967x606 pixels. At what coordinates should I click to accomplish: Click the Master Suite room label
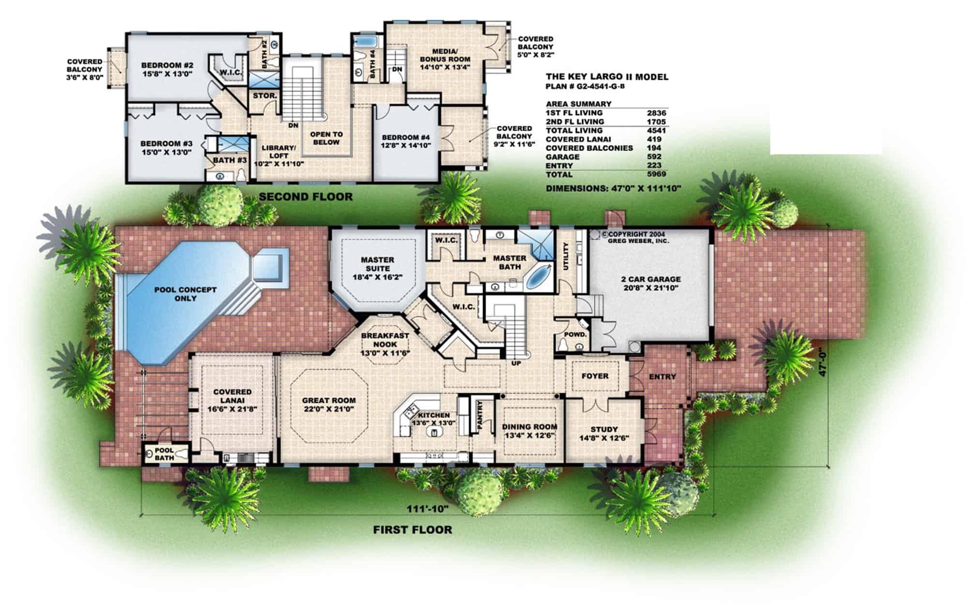(378, 264)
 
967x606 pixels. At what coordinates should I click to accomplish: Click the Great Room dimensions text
(329, 409)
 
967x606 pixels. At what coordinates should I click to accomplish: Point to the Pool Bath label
(164, 454)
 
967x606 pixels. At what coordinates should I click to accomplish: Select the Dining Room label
(529, 427)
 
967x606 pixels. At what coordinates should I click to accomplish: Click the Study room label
(604, 429)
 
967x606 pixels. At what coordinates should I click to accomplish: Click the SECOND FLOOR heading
(306, 197)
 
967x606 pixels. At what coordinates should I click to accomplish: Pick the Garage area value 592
(656, 157)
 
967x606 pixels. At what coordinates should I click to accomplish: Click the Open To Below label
(326, 138)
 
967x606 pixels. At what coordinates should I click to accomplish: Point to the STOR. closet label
(264, 96)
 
